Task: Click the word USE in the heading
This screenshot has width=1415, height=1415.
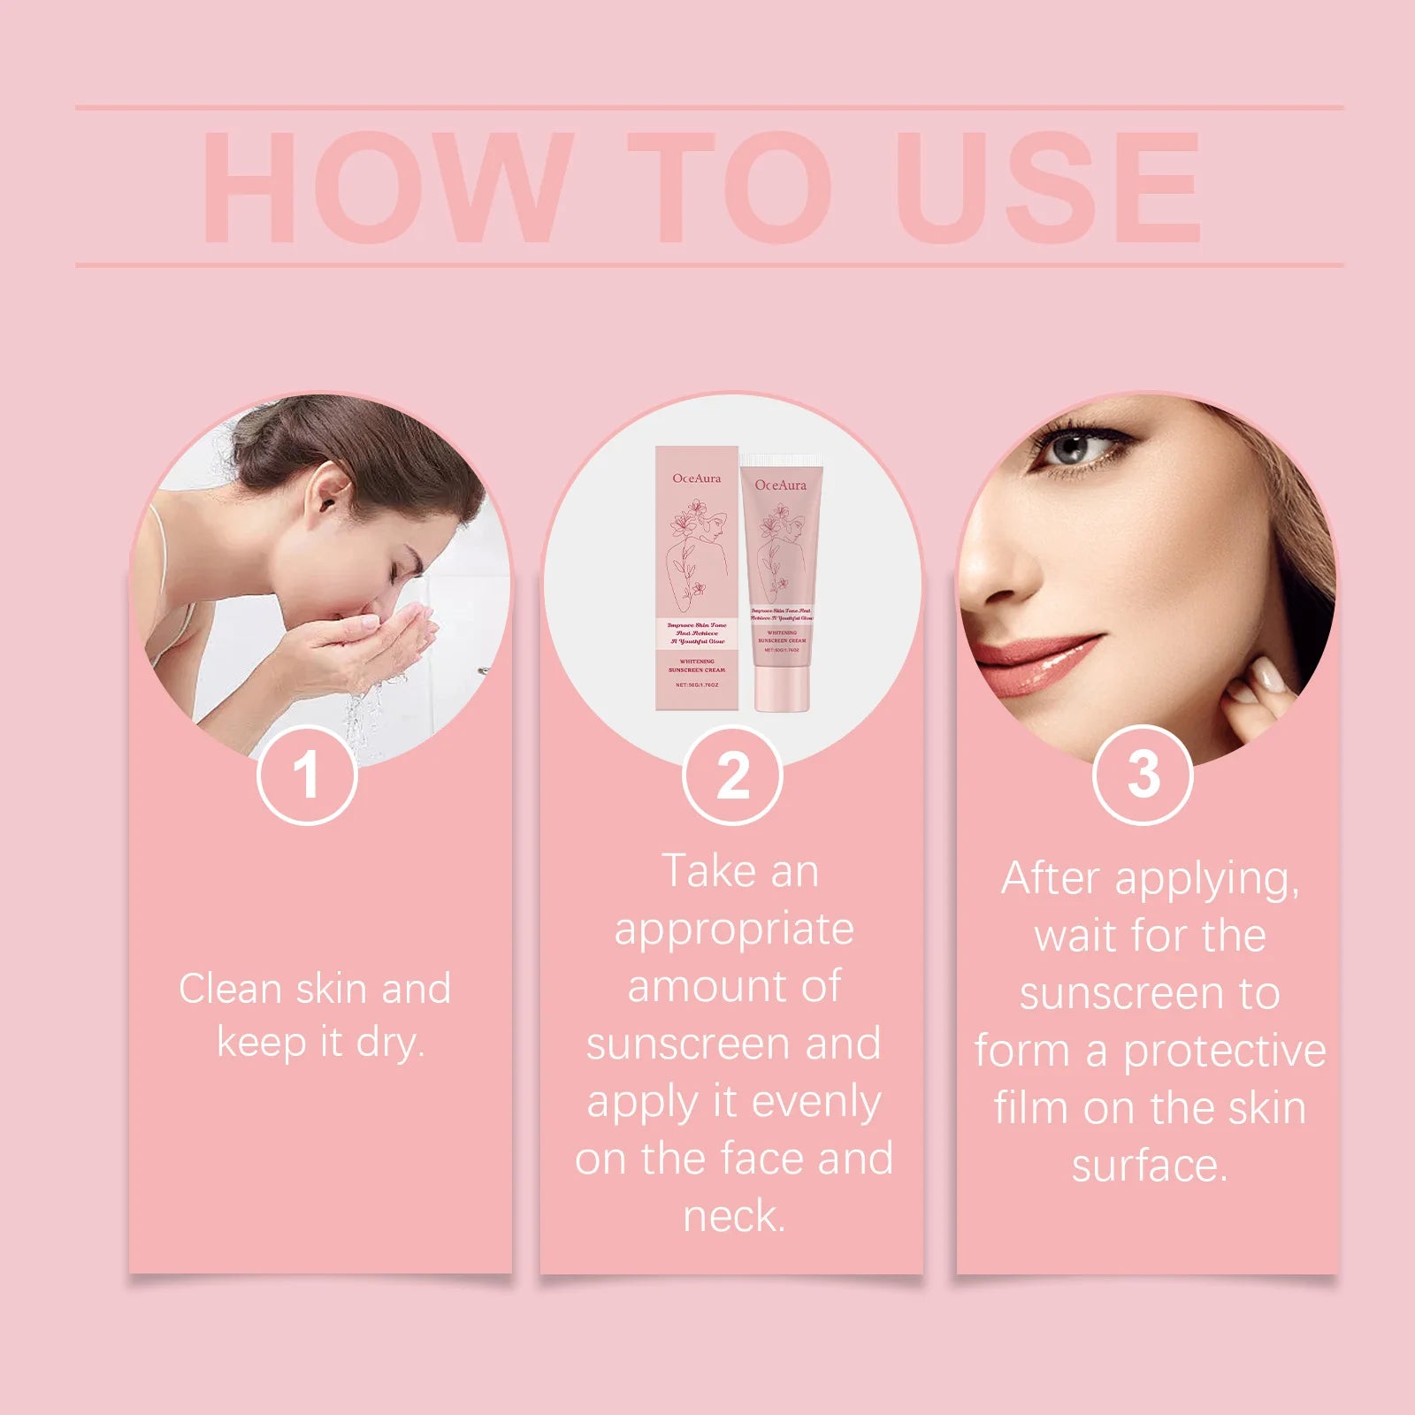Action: (1048, 187)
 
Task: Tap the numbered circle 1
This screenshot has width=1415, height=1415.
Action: (307, 775)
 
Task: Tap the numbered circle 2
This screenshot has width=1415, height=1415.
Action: (732, 775)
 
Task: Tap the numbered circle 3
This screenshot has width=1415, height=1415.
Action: (1143, 775)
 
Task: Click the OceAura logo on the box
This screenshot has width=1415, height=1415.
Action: (696, 478)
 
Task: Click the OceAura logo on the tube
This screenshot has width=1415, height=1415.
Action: (780, 485)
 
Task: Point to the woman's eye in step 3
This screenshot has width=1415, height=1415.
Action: (1073, 448)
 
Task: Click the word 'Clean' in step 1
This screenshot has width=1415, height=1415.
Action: (230, 989)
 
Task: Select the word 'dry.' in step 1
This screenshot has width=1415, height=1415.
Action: (390, 1044)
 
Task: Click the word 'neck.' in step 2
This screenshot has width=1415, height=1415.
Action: (734, 1217)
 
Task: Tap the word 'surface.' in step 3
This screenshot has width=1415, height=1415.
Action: (1150, 1166)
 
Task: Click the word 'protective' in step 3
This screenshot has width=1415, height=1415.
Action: (1224, 1052)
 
